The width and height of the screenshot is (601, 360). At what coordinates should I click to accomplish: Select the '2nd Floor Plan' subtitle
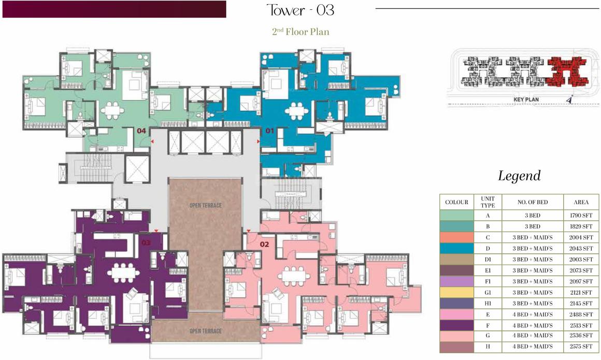pos(300,32)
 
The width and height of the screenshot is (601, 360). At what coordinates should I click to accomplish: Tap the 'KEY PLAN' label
pos(526,99)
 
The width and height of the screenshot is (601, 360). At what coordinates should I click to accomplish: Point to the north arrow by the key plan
pos(570,99)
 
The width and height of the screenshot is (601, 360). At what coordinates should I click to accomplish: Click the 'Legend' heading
pos(519,176)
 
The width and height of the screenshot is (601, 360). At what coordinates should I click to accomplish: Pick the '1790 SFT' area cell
pos(581,215)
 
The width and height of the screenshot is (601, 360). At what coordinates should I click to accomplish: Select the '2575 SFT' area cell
pos(581,347)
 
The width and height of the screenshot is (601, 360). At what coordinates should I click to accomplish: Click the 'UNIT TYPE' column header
pos(488,202)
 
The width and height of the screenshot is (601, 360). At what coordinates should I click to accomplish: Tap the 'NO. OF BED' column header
pos(533,202)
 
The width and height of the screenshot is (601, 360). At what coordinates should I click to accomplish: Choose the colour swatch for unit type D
pos(456,249)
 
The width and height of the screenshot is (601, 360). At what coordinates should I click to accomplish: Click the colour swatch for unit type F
pos(456,325)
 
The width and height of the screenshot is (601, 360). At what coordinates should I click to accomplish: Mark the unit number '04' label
pos(141,131)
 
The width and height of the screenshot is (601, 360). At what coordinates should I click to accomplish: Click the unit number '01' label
pos(270,131)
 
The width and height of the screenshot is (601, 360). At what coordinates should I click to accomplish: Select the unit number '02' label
pos(264,244)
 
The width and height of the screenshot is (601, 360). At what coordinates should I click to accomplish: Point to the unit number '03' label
pos(146,243)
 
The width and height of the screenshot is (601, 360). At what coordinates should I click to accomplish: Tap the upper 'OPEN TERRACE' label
pos(206,206)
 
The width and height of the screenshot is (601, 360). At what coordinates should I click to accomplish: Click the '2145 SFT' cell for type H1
pos(581,303)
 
